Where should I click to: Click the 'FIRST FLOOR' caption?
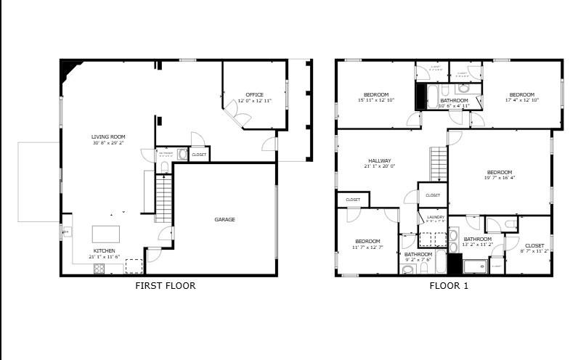(166, 285)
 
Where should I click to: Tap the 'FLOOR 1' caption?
(449, 285)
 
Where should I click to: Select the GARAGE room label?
(224, 219)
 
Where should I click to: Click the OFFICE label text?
(254, 94)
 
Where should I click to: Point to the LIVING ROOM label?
(108, 136)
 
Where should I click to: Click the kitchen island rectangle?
(107, 234)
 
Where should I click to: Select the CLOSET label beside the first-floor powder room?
(199, 155)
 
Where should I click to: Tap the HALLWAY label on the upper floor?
(379, 160)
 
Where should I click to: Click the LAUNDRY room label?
(436, 217)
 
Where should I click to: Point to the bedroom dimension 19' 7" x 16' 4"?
(499, 177)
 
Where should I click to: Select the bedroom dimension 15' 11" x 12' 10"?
(376, 99)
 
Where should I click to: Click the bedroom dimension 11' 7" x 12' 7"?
(367, 247)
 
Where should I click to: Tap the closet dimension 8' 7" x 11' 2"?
(534, 250)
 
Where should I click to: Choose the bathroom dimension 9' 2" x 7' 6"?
(418, 259)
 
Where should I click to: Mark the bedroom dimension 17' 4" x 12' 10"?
(521, 99)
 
